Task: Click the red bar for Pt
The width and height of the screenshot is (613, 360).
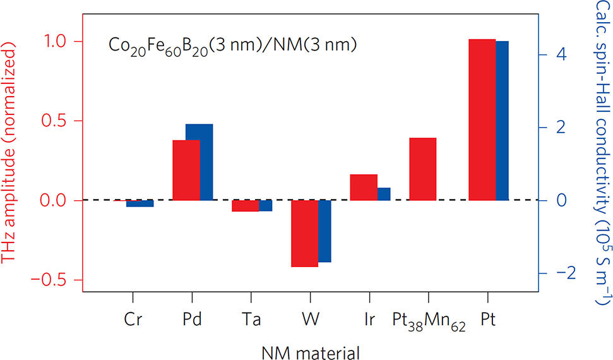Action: click(x=482, y=119)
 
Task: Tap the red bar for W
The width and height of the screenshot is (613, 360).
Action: click(x=304, y=234)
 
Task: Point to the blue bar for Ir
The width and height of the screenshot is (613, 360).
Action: click(x=384, y=194)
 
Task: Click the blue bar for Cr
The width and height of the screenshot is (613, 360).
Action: click(x=140, y=203)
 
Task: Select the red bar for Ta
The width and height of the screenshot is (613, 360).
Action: click(x=245, y=206)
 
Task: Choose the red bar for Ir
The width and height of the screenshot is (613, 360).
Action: click(x=363, y=187)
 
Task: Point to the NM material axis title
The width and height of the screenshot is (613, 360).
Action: click(x=310, y=350)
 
